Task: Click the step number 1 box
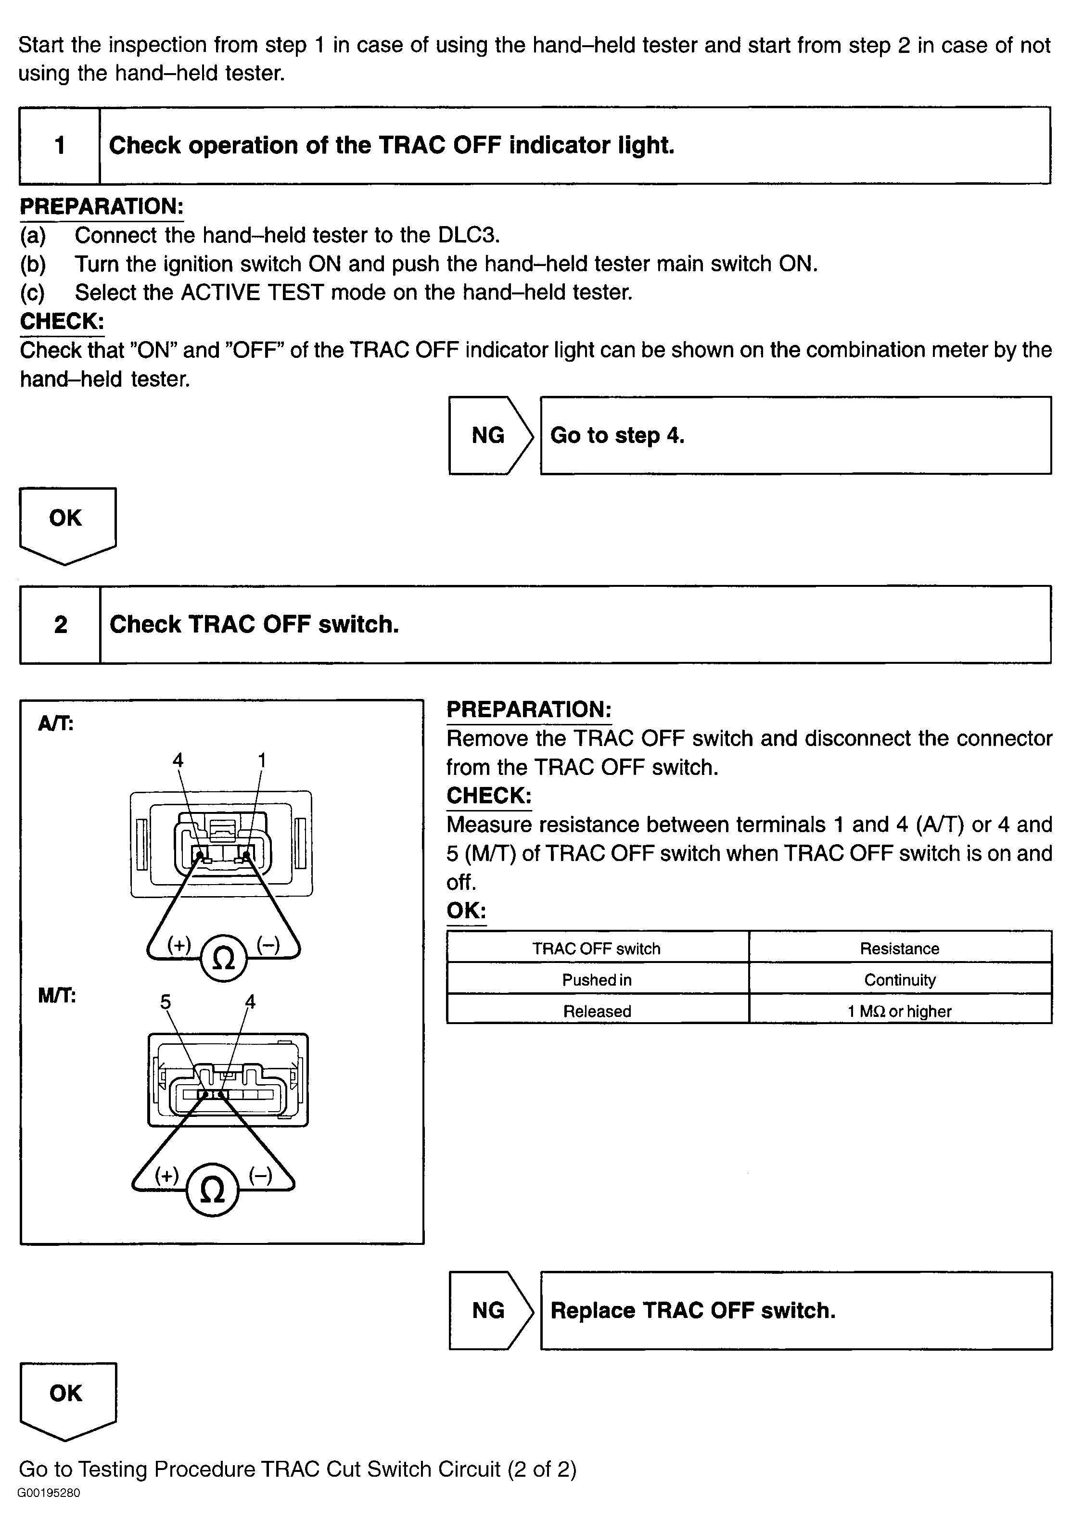coord(60,146)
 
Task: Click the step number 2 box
coord(60,625)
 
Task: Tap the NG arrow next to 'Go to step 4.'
coord(489,435)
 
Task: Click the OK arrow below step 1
coord(67,523)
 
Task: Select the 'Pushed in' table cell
coord(597,979)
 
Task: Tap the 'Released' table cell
coord(597,1011)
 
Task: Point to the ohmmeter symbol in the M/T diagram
coord(212,1190)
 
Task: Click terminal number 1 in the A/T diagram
coord(262,760)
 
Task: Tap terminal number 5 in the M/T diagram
coord(166,1001)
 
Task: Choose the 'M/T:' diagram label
coord(57,996)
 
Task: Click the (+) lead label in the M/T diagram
coord(167,1175)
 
